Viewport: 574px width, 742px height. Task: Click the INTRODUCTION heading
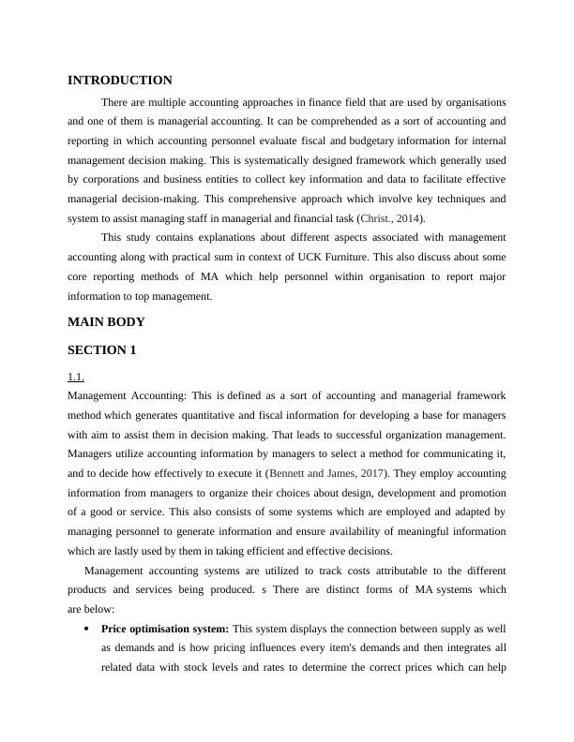tap(120, 81)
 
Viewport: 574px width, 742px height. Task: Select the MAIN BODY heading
tap(106, 321)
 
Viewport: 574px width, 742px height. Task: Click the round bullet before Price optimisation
tap(86, 628)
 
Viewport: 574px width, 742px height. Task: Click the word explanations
tap(207, 238)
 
